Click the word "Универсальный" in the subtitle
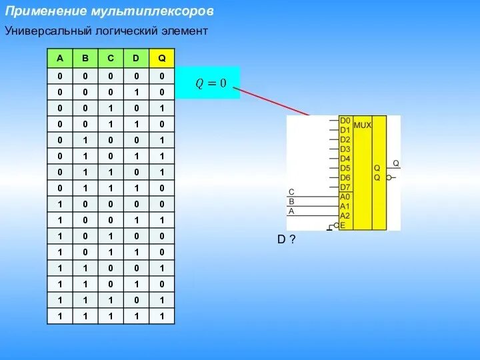coord(41,31)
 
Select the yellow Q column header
coord(161,58)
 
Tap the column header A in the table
coord(60,58)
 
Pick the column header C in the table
coord(111,58)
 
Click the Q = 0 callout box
coord(210,83)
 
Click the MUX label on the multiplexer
coord(362,125)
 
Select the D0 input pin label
coord(345,121)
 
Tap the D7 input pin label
coord(345,187)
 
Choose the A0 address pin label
coord(345,197)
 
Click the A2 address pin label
coord(345,216)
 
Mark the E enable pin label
coord(343,225)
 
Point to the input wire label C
coord(291,191)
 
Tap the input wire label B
coord(291,201)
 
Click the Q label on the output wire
coord(395,163)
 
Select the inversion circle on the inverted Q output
coord(389,178)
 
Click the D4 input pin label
coord(345,159)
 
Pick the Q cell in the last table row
coord(161,316)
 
